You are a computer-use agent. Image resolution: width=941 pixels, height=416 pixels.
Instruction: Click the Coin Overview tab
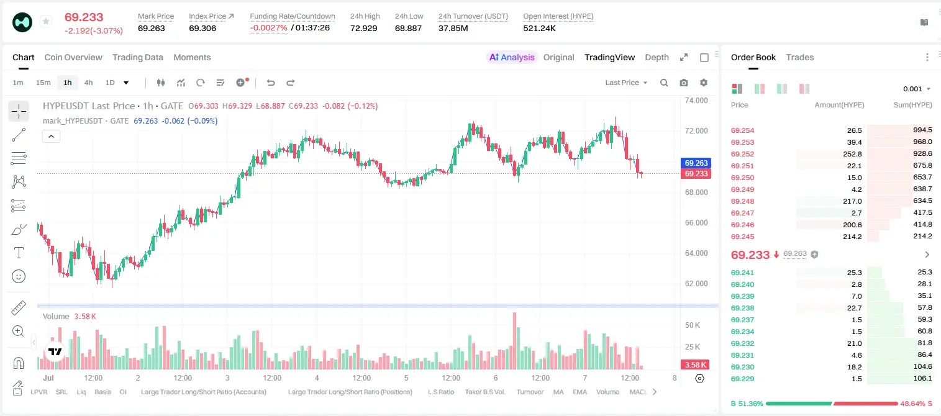(73, 57)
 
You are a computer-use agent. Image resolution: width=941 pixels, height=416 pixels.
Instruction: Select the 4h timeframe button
(88, 83)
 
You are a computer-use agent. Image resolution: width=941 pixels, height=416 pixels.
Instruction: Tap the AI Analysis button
(512, 57)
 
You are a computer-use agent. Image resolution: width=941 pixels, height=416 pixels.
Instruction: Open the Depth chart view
(657, 57)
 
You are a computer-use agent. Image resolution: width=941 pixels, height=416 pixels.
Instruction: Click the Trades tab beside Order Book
(800, 57)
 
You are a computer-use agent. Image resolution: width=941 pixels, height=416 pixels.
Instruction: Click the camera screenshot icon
(684, 83)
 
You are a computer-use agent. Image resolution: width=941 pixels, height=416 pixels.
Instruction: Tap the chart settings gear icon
(704, 83)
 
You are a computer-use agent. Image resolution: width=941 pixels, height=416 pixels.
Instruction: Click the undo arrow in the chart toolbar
(271, 83)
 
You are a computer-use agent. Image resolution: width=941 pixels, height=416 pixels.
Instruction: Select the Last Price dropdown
(626, 83)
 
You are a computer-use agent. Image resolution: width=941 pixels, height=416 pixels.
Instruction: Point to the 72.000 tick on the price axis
(696, 131)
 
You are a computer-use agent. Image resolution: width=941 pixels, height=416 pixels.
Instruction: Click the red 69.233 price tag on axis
(696, 174)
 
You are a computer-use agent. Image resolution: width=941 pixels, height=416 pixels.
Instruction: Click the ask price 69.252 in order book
(742, 154)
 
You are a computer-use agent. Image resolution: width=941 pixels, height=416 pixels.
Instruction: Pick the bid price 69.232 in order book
(742, 343)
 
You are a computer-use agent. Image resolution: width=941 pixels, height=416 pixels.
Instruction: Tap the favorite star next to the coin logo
(46, 21)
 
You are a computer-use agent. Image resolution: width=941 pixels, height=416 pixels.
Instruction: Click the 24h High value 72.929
(364, 28)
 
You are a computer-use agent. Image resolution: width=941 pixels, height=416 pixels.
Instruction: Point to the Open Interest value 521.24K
(539, 28)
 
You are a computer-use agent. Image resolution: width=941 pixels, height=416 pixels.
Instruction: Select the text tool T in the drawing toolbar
(19, 253)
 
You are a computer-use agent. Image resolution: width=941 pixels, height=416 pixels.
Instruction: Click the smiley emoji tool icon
(19, 276)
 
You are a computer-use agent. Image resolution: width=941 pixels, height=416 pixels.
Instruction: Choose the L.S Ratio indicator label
(440, 392)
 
